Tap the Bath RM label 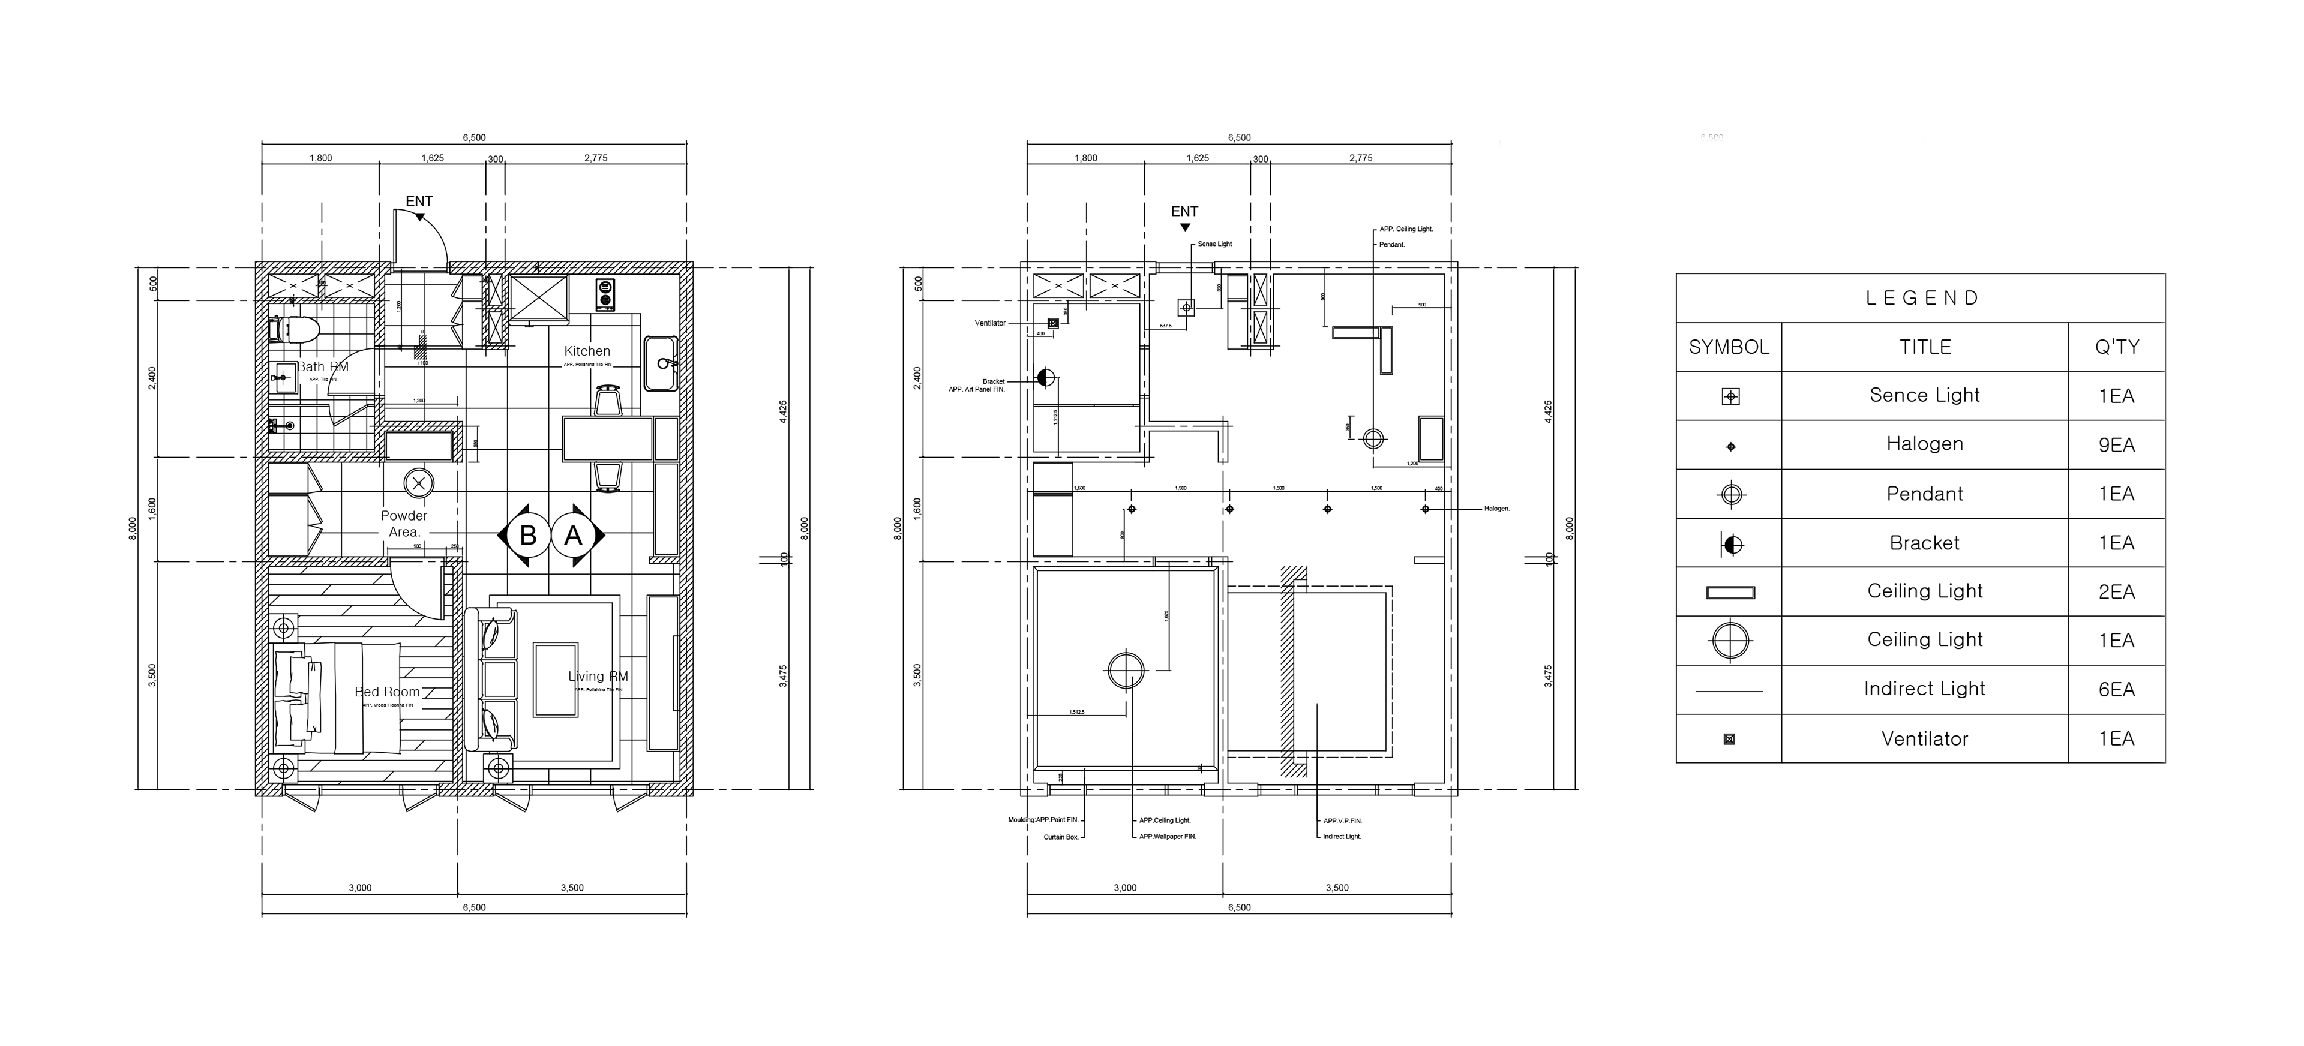coord(322,366)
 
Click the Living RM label coord(598,677)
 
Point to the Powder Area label coord(404,524)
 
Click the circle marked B coord(528,536)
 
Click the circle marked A coord(574,536)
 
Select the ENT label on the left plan coord(419,201)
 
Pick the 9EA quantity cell coord(2116,445)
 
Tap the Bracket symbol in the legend coord(1730,543)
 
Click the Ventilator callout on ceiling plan coord(990,323)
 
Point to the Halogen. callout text coord(1496,509)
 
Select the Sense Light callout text coord(1214,244)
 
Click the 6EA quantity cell coord(2116,689)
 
